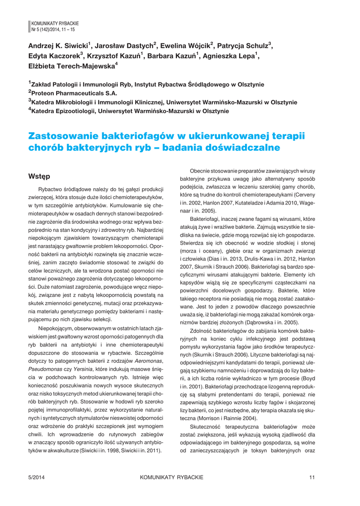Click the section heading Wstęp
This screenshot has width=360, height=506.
[39, 176]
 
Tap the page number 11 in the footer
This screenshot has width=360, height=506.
[312, 477]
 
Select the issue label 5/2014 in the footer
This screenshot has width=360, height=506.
[37, 477]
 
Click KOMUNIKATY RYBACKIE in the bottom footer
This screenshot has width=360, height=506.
[171, 477]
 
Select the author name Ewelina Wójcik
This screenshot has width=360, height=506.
[188, 46]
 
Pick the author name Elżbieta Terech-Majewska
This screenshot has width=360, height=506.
[73, 66]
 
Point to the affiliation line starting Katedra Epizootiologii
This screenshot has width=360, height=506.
[129, 111]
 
